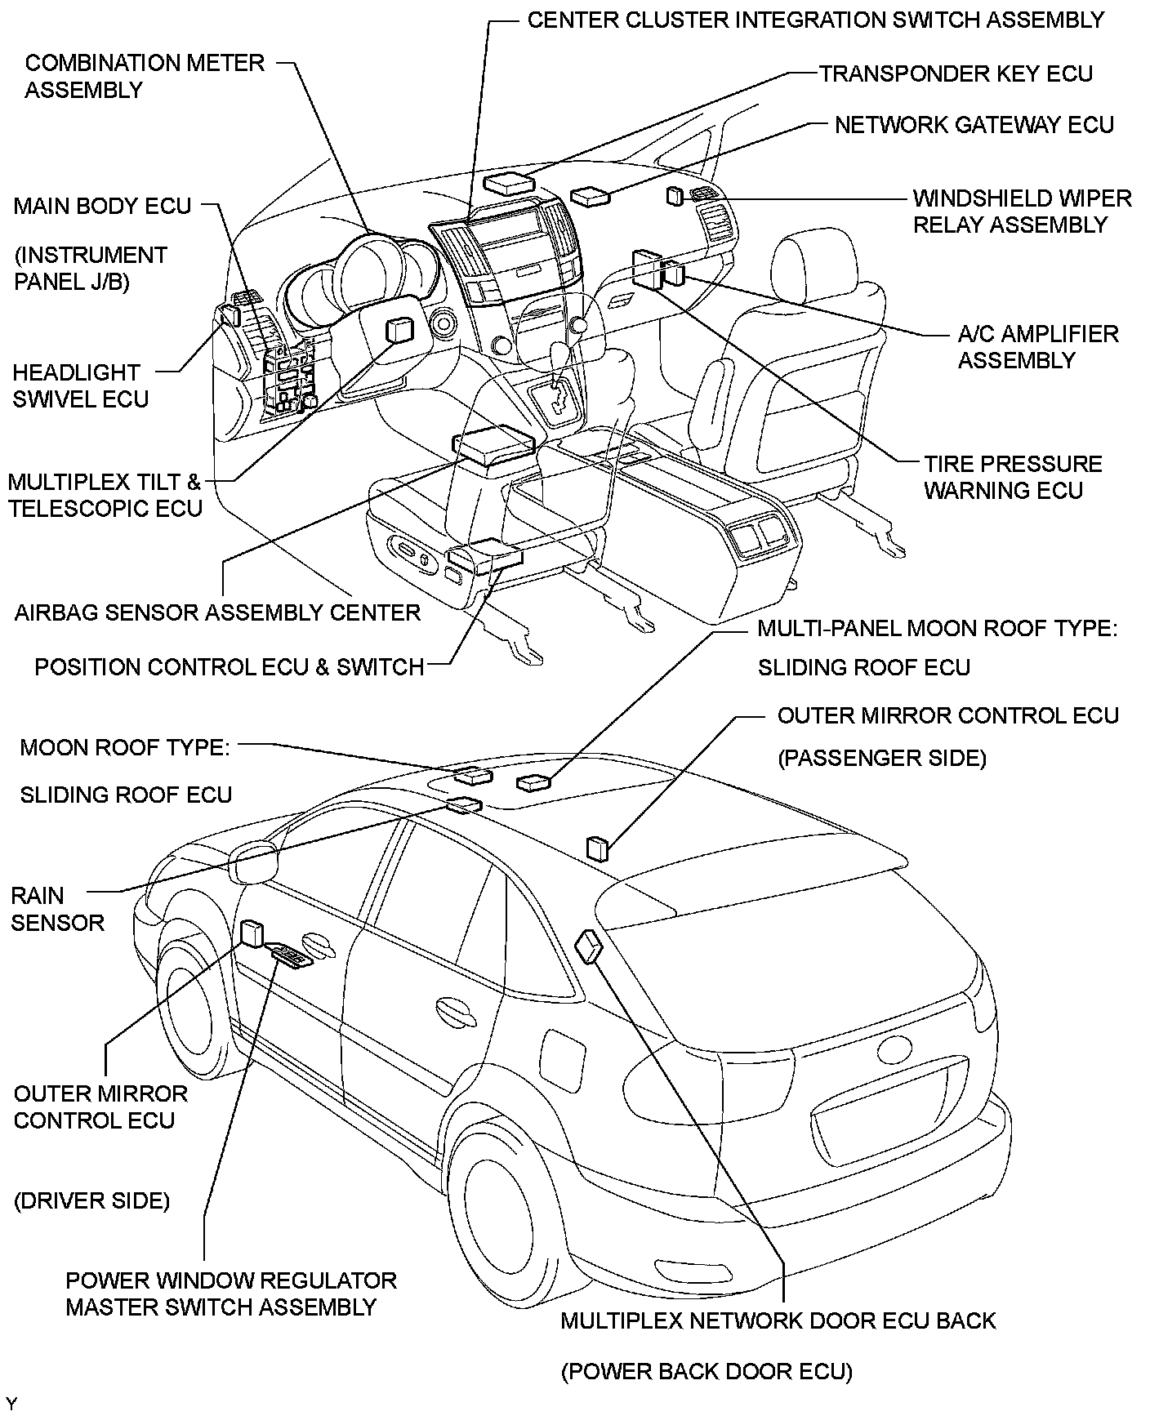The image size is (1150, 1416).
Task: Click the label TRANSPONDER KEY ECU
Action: pos(956,73)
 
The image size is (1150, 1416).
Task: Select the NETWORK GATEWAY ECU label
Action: pos(974,125)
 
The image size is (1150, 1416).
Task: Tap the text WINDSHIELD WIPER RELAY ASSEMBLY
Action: pos(1022,211)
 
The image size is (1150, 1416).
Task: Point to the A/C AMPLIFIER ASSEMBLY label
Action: pos(1037,346)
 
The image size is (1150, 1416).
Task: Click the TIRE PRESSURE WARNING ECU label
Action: pos(1013,477)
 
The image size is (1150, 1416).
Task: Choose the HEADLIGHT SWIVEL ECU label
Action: pos(80,385)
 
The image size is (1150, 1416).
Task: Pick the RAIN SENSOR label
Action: pos(57,909)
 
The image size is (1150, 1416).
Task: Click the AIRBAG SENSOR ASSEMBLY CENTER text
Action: pos(217,612)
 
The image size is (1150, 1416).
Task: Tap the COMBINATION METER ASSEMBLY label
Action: pos(145,76)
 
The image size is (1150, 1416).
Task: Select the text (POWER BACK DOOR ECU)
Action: pos(706,1372)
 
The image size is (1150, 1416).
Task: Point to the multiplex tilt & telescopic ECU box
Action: pos(399,330)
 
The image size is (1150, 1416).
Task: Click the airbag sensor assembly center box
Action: pos(493,444)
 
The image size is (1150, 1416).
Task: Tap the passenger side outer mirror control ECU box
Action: pos(597,848)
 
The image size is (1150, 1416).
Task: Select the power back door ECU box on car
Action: pos(589,947)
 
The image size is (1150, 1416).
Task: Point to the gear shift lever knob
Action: pos(561,354)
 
